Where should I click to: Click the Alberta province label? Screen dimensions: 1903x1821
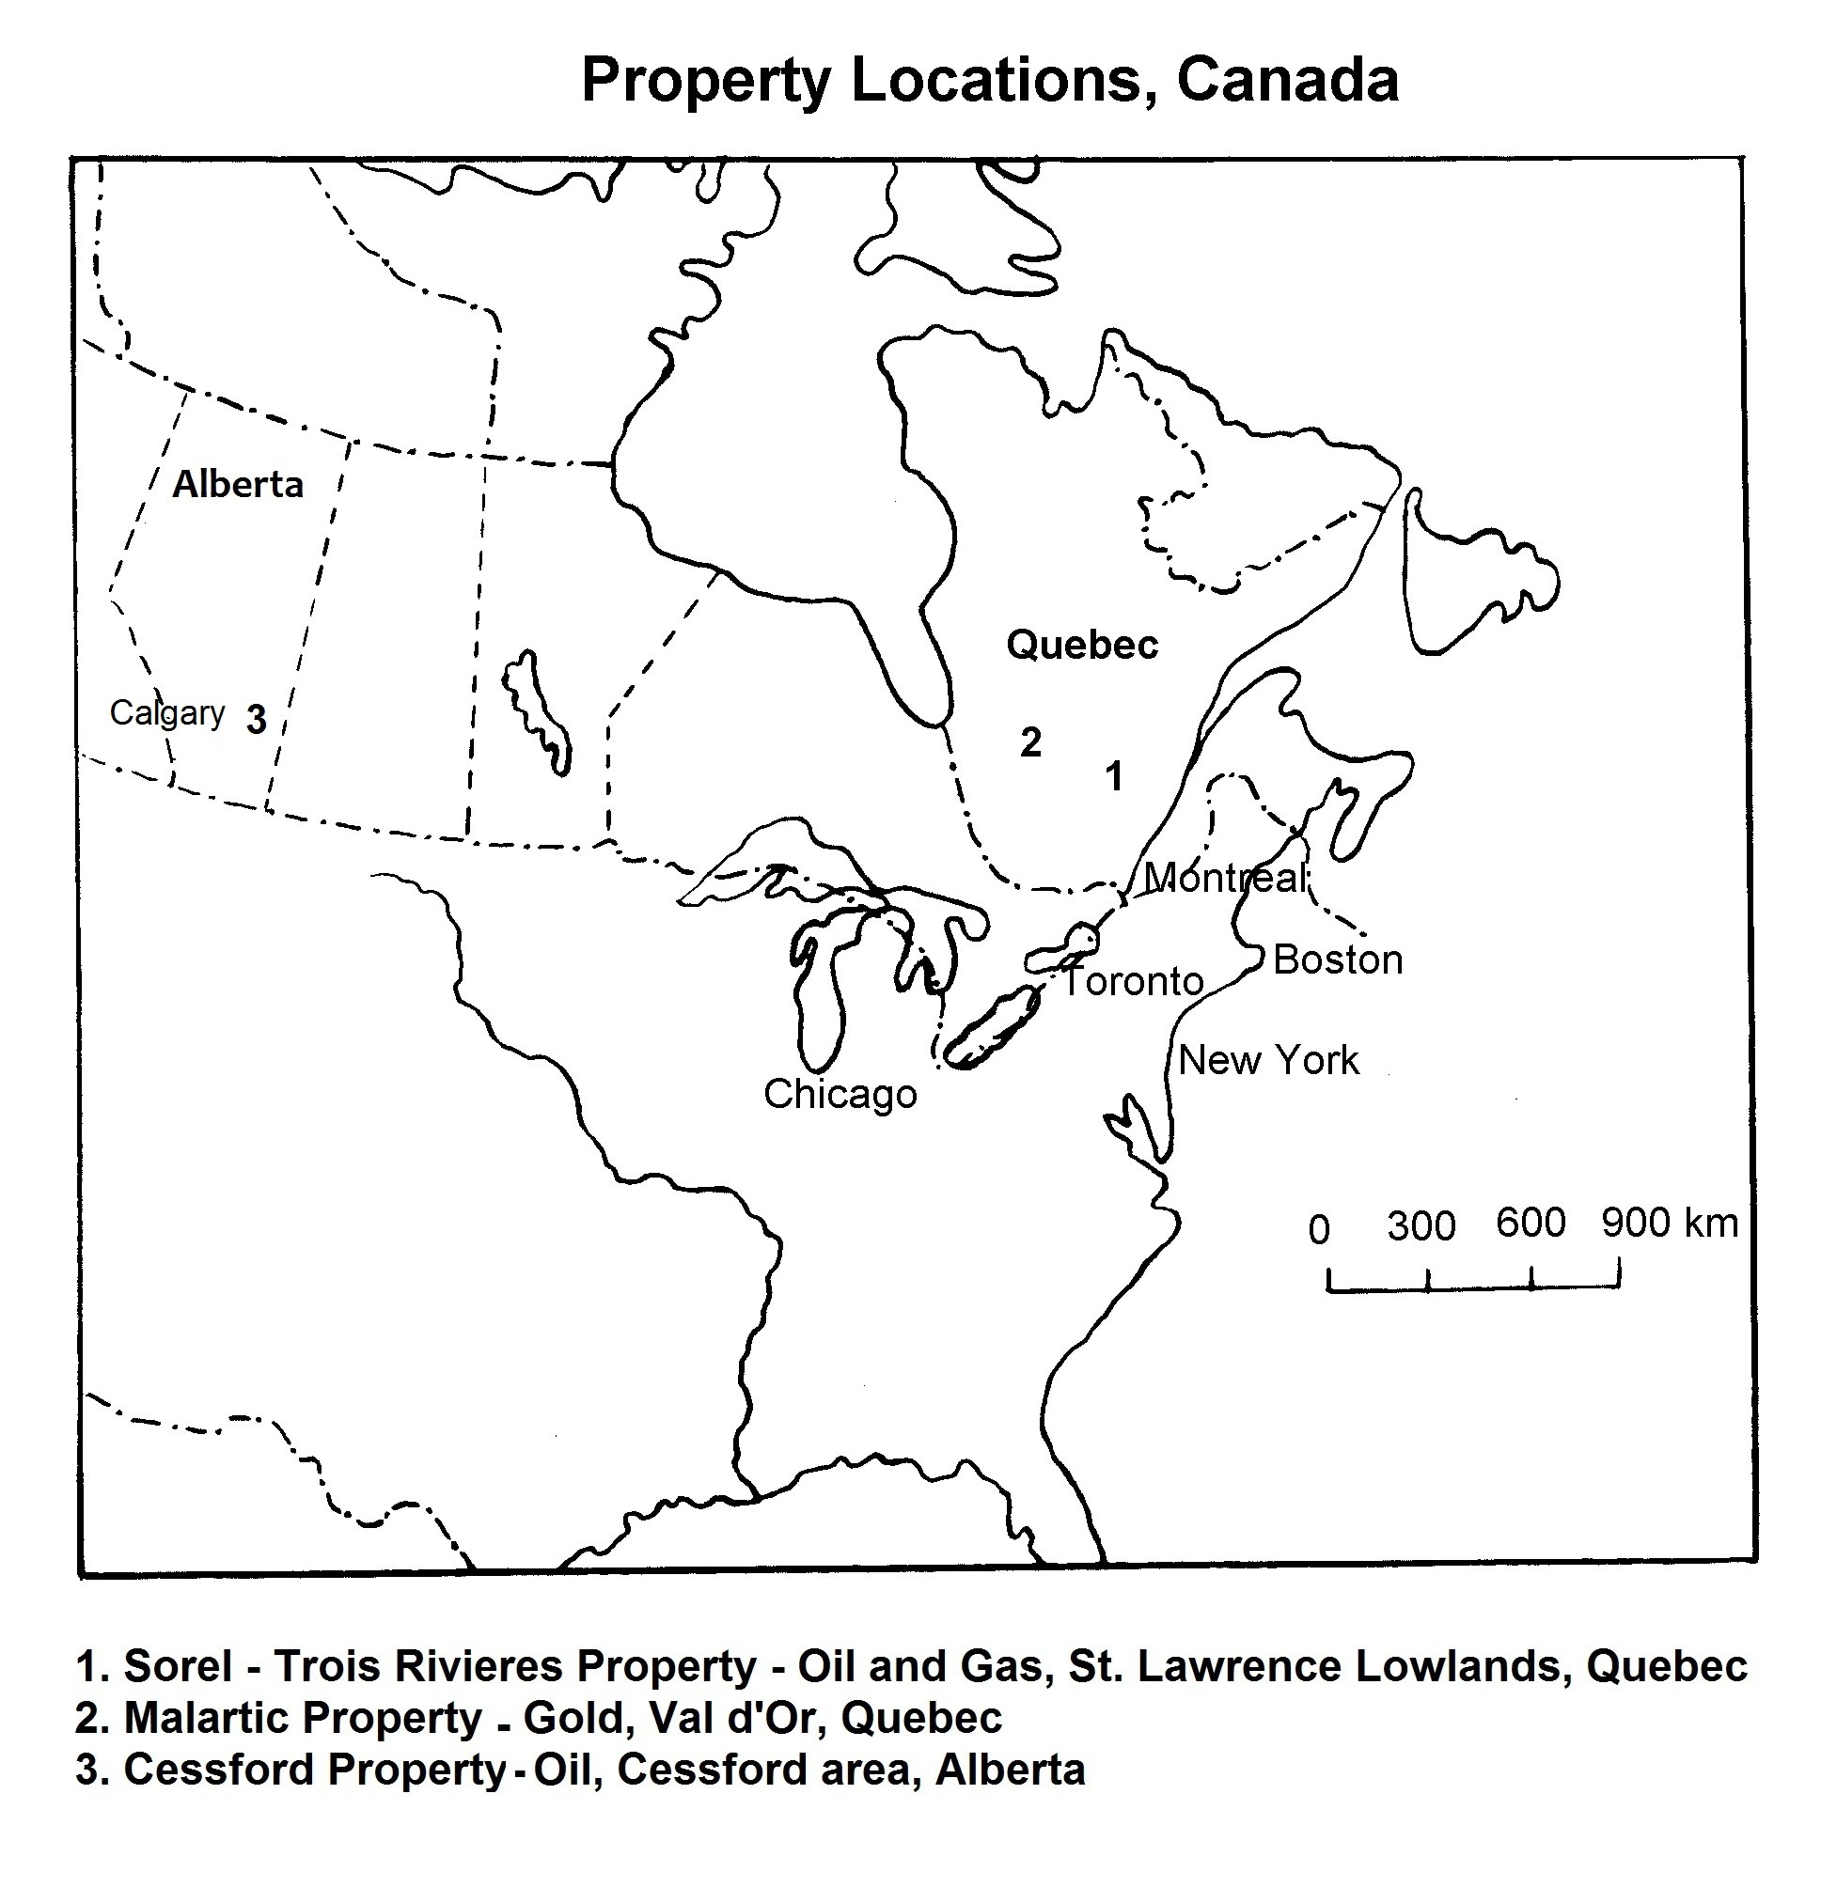[x=238, y=484]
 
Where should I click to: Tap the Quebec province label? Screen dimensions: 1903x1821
[x=1081, y=646]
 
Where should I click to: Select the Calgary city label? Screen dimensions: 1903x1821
[x=167, y=713]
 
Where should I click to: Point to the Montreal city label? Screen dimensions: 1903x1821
[x=1225, y=879]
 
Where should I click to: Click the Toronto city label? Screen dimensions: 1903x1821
[x=1133, y=982]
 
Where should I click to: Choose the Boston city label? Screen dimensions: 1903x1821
[x=1338, y=960]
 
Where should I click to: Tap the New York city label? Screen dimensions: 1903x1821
[x=1267, y=1061]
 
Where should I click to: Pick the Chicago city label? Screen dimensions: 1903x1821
[x=840, y=1095]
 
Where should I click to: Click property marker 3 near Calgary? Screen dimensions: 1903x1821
[x=257, y=720]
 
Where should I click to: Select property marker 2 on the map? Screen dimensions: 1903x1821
[x=1029, y=743]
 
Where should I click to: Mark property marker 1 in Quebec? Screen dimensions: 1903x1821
[x=1114, y=776]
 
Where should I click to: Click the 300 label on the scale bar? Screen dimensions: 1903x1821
[x=1421, y=1226]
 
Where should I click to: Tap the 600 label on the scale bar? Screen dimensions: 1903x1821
[x=1531, y=1223]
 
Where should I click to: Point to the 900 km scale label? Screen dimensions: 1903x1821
[x=1669, y=1223]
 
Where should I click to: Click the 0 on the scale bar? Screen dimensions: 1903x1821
[x=1318, y=1230]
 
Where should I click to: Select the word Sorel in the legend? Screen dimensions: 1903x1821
[x=179, y=1666]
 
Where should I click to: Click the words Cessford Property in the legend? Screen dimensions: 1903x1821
[x=316, y=1770]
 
